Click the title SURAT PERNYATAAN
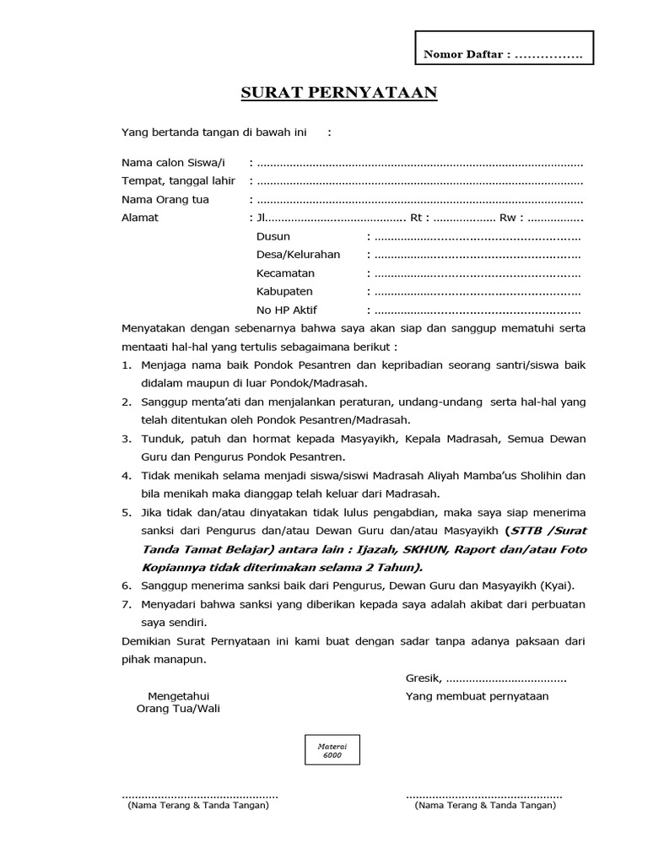point(339,93)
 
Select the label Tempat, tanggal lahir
point(178,181)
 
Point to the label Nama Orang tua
point(165,200)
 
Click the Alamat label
point(140,218)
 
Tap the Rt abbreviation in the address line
point(417,218)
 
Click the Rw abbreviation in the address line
point(509,218)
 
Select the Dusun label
point(273,237)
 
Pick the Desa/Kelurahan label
point(298,255)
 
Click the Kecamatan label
point(285,273)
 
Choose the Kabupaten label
point(284,291)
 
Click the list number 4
point(126,476)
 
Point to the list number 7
point(126,605)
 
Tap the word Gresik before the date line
point(423,678)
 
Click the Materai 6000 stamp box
point(332,749)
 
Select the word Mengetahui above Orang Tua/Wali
point(178,696)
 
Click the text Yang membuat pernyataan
point(477,696)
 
